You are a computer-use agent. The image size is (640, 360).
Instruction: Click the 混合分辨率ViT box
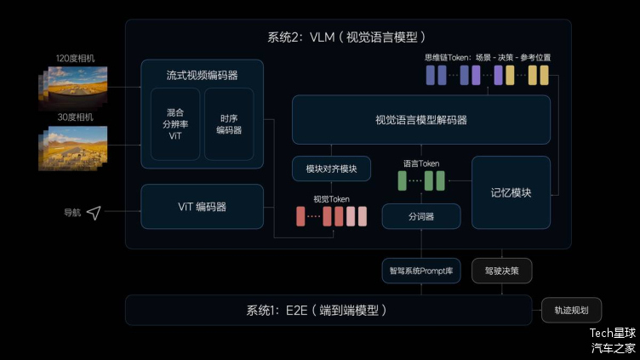tap(174, 123)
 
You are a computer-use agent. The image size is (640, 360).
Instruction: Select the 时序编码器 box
tap(229, 123)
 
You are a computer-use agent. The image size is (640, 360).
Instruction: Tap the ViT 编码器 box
tap(202, 207)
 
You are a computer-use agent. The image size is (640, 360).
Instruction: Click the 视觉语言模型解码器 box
tap(420, 119)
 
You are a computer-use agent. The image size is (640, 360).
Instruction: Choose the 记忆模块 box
tap(511, 192)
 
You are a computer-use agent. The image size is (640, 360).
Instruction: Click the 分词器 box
tap(420, 217)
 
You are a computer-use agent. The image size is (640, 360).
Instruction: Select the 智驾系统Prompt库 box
tap(420, 271)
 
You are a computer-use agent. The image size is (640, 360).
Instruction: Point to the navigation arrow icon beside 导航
tap(94, 213)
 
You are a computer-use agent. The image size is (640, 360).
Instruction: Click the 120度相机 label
tap(76, 58)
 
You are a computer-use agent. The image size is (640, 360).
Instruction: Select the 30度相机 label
tap(76, 117)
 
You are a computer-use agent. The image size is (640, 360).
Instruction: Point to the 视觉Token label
tap(331, 198)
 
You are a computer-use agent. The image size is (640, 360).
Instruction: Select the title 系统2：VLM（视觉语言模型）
tap(346, 37)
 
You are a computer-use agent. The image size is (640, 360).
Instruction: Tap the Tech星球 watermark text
tap(613, 333)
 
